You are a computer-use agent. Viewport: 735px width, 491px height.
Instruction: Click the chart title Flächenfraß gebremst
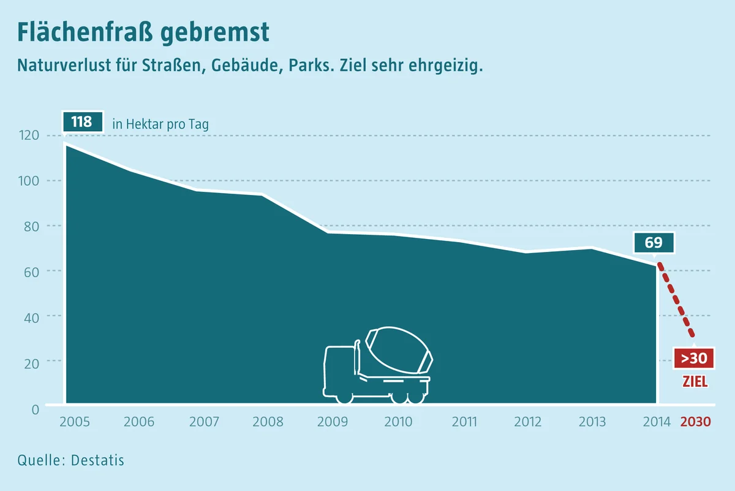[143, 32]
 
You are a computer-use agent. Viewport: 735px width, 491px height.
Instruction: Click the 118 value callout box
[83, 122]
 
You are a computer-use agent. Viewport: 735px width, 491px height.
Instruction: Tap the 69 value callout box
[654, 243]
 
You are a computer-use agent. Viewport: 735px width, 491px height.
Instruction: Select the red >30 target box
[693, 358]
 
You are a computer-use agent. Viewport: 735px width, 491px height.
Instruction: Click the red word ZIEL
[695, 382]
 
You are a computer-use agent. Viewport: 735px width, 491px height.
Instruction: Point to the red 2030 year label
[696, 422]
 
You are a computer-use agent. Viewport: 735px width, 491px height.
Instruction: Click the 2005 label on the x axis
[75, 422]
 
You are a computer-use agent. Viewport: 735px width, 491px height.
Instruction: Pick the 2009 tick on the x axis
[333, 422]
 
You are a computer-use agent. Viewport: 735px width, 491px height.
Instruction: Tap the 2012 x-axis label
[527, 422]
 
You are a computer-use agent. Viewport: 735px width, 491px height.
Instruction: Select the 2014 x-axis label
[657, 422]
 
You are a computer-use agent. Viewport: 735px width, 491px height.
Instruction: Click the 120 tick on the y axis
[29, 135]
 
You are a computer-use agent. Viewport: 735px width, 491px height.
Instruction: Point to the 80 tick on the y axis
[31, 227]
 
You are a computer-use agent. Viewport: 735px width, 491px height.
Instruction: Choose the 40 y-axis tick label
[31, 318]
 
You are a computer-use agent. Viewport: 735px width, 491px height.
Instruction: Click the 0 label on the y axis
[36, 409]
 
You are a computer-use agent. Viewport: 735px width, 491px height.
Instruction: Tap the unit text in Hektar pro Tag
[160, 124]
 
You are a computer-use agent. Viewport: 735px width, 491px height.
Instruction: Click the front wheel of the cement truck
[344, 397]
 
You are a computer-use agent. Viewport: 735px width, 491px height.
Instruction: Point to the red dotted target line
[676, 300]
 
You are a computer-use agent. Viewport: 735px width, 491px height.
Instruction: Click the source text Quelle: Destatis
[71, 460]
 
